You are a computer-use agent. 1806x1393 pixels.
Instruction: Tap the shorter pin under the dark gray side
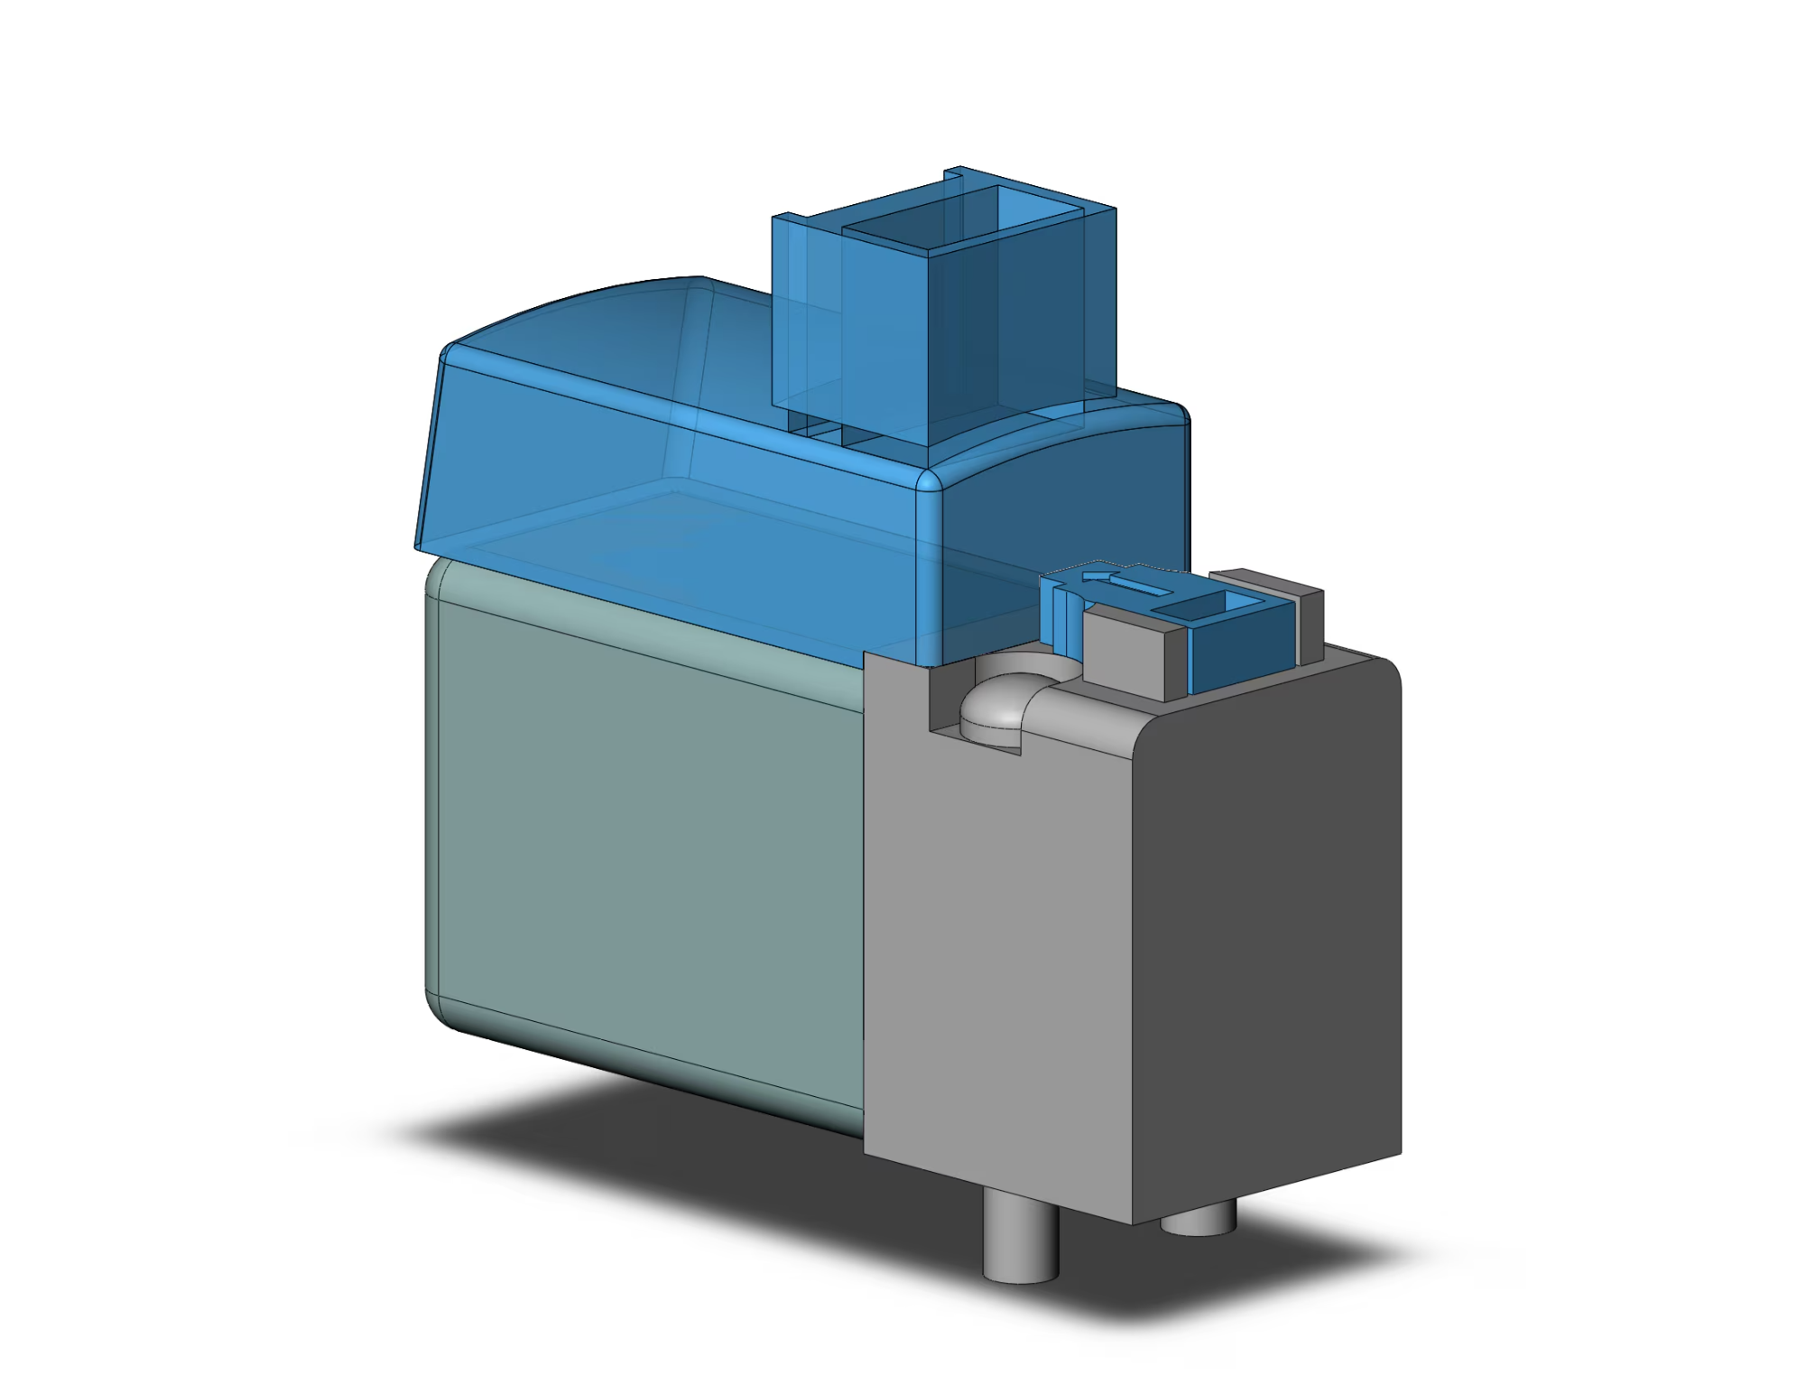(1198, 1221)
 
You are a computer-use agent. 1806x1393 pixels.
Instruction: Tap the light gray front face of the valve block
(993, 948)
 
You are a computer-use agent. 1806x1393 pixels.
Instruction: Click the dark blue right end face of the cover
(1065, 506)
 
